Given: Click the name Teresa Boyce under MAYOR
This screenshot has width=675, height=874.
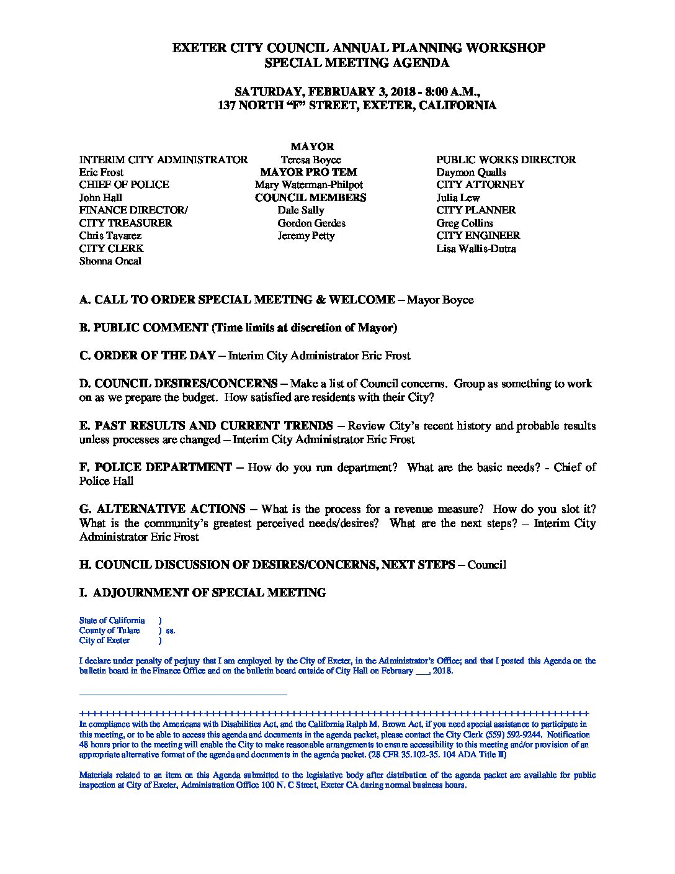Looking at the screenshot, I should tap(310, 160).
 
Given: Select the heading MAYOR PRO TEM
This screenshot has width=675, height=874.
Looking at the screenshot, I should tap(308, 172).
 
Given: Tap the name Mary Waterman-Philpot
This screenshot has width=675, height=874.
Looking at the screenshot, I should tap(308, 185).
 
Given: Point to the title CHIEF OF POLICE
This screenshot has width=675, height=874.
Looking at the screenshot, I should tap(124, 185).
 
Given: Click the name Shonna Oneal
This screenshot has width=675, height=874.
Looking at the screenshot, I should tap(110, 261).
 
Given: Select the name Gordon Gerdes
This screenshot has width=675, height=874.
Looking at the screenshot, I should tap(311, 223).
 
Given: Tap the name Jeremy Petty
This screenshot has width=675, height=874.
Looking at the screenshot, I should tap(306, 236).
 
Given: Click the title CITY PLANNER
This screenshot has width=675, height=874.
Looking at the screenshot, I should tap(476, 210).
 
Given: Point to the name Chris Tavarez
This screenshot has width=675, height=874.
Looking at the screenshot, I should tap(110, 236).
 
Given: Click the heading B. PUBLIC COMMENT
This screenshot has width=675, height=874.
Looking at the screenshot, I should tap(143, 328).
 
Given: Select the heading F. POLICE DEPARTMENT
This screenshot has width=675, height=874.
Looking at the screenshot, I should tap(155, 467).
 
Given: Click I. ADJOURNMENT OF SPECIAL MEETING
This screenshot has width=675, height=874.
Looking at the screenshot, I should tap(202, 593).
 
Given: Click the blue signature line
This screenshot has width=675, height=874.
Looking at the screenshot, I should tap(183, 695).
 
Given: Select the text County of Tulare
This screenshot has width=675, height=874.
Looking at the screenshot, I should tap(109, 631).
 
